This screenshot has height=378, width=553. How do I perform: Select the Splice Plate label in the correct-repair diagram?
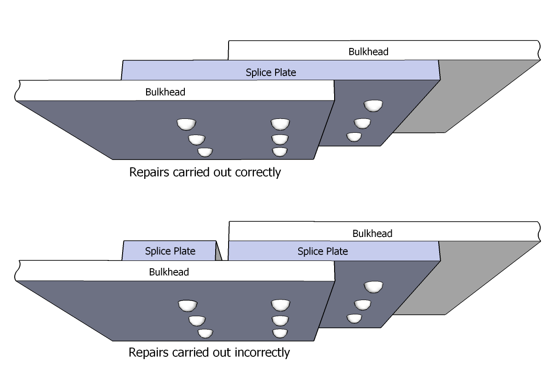pyautogui.click(x=271, y=72)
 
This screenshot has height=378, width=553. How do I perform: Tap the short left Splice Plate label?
pyautogui.click(x=170, y=251)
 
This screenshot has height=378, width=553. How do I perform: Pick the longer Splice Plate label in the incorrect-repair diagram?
pyautogui.click(x=323, y=252)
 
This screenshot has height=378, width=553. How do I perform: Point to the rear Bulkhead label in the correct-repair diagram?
pyautogui.click(x=368, y=52)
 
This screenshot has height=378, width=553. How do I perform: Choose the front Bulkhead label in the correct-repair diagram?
pyautogui.click(x=165, y=92)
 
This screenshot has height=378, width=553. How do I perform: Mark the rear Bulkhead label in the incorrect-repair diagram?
pyautogui.click(x=372, y=234)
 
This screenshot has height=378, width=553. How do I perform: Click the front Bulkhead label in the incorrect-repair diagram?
pyautogui.click(x=169, y=272)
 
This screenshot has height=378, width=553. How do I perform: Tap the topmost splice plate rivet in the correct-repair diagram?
pyautogui.click(x=373, y=106)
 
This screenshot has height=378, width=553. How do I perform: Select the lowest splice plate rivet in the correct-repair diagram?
pyautogui.click(x=354, y=136)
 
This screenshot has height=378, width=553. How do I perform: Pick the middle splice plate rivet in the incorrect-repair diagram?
pyautogui.click(x=363, y=304)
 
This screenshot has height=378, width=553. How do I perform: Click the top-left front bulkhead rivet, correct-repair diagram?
pyautogui.click(x=187, y=124)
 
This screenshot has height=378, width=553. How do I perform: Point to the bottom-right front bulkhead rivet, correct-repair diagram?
pyautogui.click(x=280, y=151)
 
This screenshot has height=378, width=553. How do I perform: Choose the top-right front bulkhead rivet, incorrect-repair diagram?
pyautogui.click(x=280, y=305)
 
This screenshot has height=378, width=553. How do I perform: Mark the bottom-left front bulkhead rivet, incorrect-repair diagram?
pyautogui.click(x=206, y=332)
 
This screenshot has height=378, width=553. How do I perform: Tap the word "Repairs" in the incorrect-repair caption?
pyautogui.click(x=147, y=353)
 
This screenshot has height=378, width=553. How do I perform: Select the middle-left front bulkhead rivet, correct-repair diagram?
pyautogui.click(x=197, y=138)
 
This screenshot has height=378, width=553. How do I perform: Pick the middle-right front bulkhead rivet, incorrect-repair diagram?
pyautogui.click(x=280, y=319)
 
